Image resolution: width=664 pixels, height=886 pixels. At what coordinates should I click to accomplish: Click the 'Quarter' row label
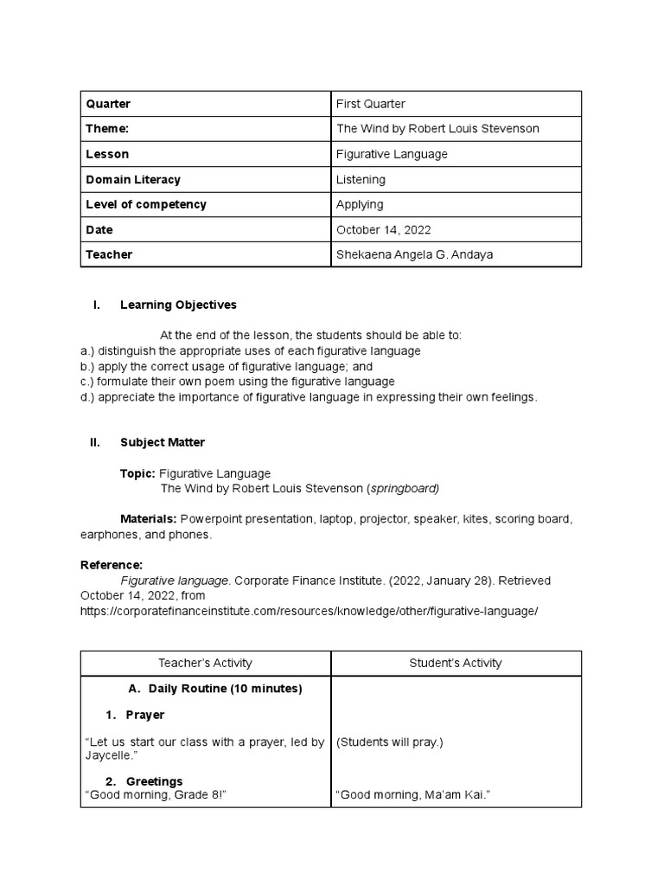(108, 104)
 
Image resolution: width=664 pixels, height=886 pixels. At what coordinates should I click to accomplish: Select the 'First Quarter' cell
(370, 104)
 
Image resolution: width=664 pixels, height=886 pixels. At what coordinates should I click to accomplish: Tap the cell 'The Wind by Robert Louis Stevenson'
(437, 129)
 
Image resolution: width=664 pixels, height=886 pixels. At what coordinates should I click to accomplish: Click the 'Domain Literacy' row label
(133, 179)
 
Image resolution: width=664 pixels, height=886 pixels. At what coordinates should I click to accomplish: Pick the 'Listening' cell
(361, 179)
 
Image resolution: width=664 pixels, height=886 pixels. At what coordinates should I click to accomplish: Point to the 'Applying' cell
(360, 204)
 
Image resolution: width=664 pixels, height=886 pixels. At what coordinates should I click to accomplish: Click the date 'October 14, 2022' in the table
(383, 230)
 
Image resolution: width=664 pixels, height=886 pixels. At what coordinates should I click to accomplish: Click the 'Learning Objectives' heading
(178, 305)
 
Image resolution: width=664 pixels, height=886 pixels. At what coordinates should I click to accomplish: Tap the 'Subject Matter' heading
(163, 442)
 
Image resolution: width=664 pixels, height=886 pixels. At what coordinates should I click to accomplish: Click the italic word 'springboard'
(404, 489)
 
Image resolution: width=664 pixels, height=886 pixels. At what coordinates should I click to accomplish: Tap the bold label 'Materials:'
(148, 519)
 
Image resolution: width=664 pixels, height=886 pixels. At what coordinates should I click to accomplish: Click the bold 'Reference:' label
(111, 565)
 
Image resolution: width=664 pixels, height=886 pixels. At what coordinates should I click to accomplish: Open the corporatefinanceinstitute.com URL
(309, 611)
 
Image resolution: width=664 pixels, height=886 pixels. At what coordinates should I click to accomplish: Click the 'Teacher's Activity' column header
(205, 663)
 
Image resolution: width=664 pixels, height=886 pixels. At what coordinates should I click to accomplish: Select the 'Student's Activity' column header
(455, 663)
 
